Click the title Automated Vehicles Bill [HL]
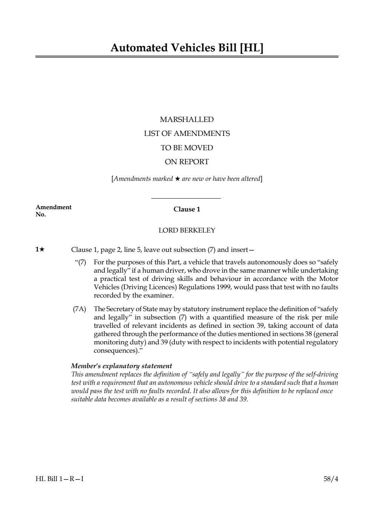click(x=187, y=48)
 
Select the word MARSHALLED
click(x=187, y=120)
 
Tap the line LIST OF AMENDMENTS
click(x=187, y=134)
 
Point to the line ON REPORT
click(x=187, y=162)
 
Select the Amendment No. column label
click(x=53, y=211)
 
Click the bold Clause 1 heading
click(x=187, y=210)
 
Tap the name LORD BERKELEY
click(x=187, y=230)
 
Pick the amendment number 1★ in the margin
click(x=40, y=250)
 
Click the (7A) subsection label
click(x=79, y=309)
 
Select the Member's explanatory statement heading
click(x=122, y=366)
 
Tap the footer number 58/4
click(x=331, y=479)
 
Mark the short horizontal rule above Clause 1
click(x=186, y=198)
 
